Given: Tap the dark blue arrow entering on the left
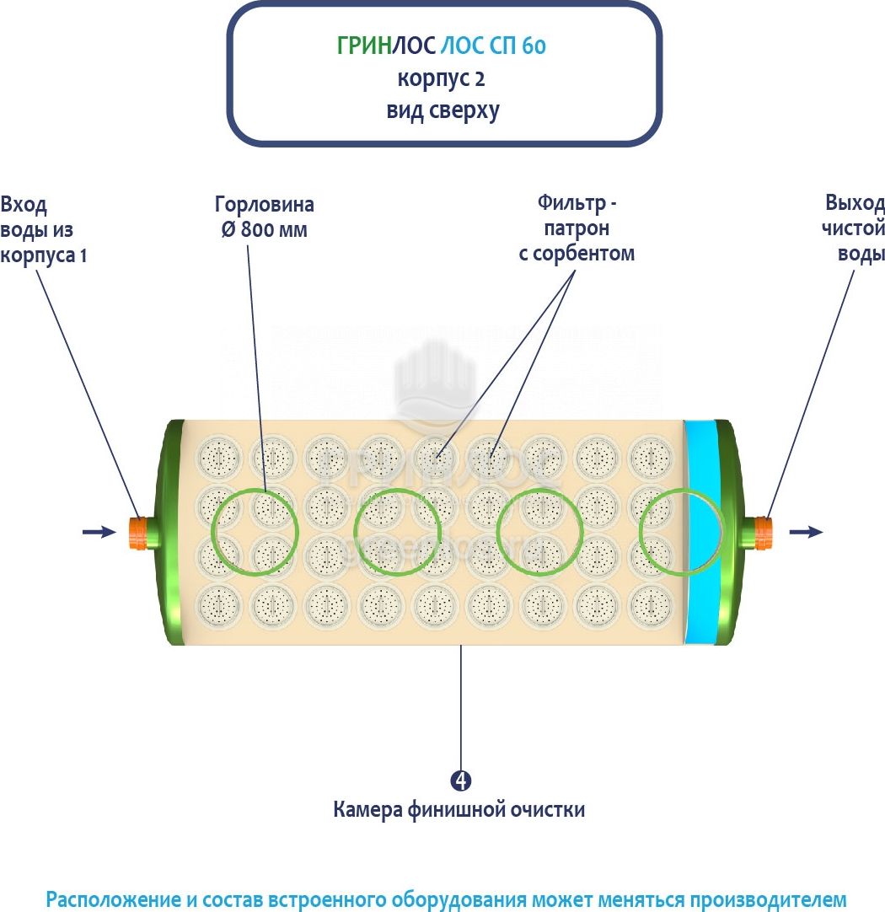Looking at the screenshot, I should [x=99, y=532].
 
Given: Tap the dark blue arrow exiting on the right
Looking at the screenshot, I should [x=805, y=531].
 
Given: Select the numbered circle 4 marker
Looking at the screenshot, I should [x=460, y=781].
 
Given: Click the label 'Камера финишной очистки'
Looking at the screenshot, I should [x=459, y=810].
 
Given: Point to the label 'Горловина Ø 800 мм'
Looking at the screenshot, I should [x=264, y=217].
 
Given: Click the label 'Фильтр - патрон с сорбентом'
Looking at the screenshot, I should [x=577, y=228].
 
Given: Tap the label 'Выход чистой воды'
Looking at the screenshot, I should [x=854, y=228].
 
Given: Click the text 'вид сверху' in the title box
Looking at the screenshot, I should [x=442, y=110].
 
